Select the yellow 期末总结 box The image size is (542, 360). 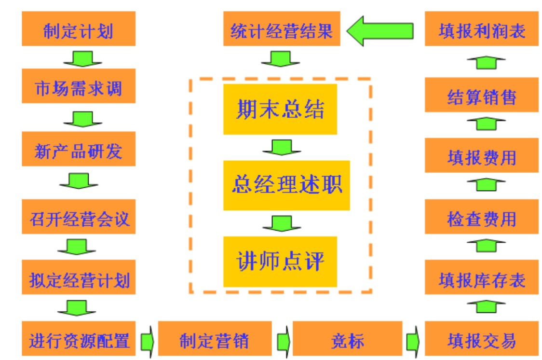[x=280, y=109]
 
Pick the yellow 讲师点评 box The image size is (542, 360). [x=280, y=262]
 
